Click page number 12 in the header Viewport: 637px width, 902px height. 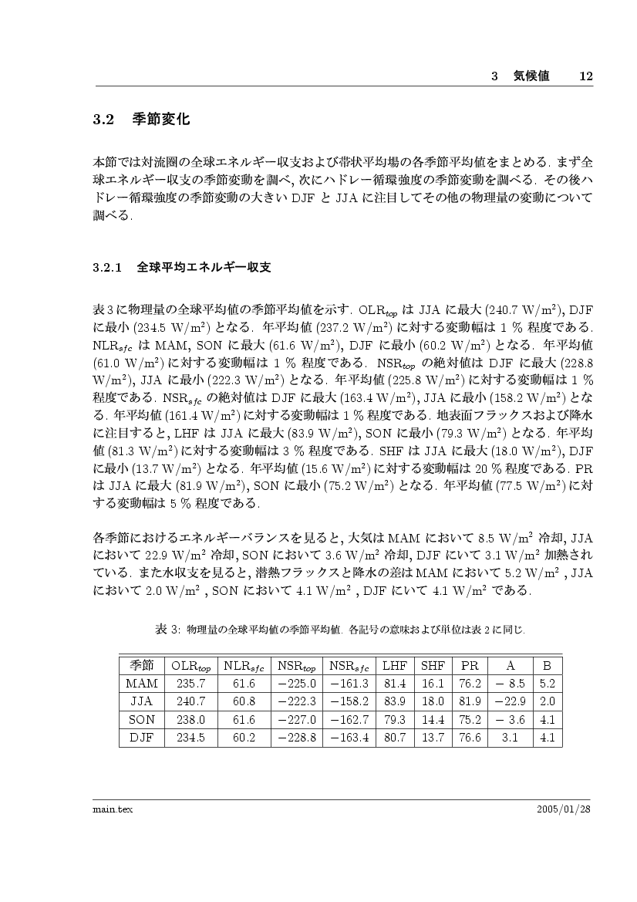585,76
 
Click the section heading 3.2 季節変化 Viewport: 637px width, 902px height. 141,120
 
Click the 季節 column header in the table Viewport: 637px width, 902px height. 142,665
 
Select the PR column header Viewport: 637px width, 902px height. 470,665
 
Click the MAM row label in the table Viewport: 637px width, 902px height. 142,684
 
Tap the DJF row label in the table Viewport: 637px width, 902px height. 142,738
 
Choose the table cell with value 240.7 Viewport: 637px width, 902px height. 190,701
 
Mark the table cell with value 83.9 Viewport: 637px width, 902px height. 395,701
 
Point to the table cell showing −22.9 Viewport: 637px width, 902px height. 510,701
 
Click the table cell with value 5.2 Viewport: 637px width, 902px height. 548,684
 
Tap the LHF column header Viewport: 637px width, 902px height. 395,665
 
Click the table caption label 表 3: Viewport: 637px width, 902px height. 167,630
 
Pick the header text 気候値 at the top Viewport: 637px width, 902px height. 531,76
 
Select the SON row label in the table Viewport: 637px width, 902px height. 142,720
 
